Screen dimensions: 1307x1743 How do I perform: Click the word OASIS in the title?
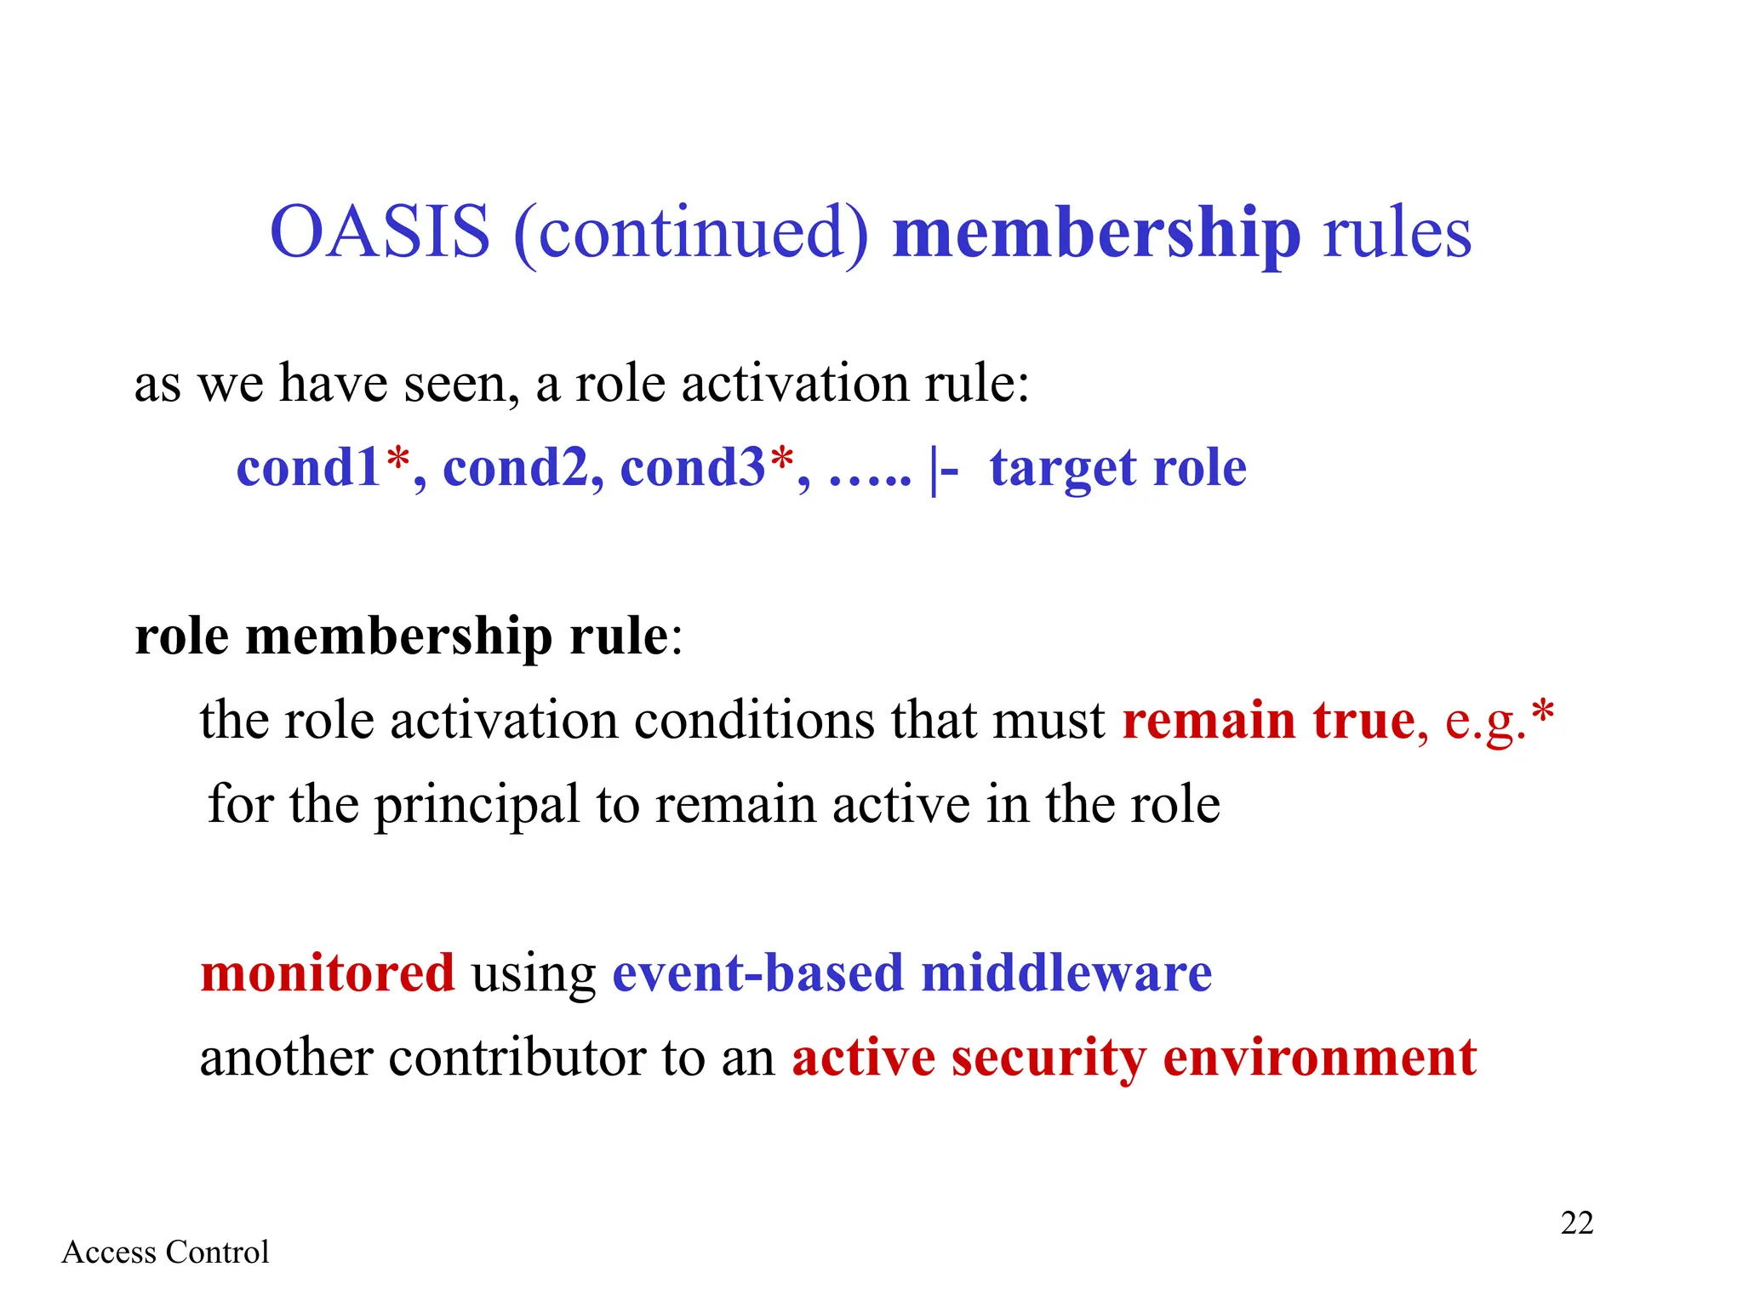(380, 232)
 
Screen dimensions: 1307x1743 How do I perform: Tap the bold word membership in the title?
(1096, 234)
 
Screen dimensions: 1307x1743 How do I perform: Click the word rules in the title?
(1397, 234)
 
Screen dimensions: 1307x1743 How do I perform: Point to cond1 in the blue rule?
(308, 468)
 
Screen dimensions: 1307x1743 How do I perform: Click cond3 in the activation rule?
(693, 468)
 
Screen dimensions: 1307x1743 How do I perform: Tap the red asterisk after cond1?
(397, 459)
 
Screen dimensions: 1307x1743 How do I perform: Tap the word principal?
(477, 806)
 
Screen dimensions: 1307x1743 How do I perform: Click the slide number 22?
(1576, 1223)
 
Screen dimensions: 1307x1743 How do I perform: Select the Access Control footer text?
(165, 1253)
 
